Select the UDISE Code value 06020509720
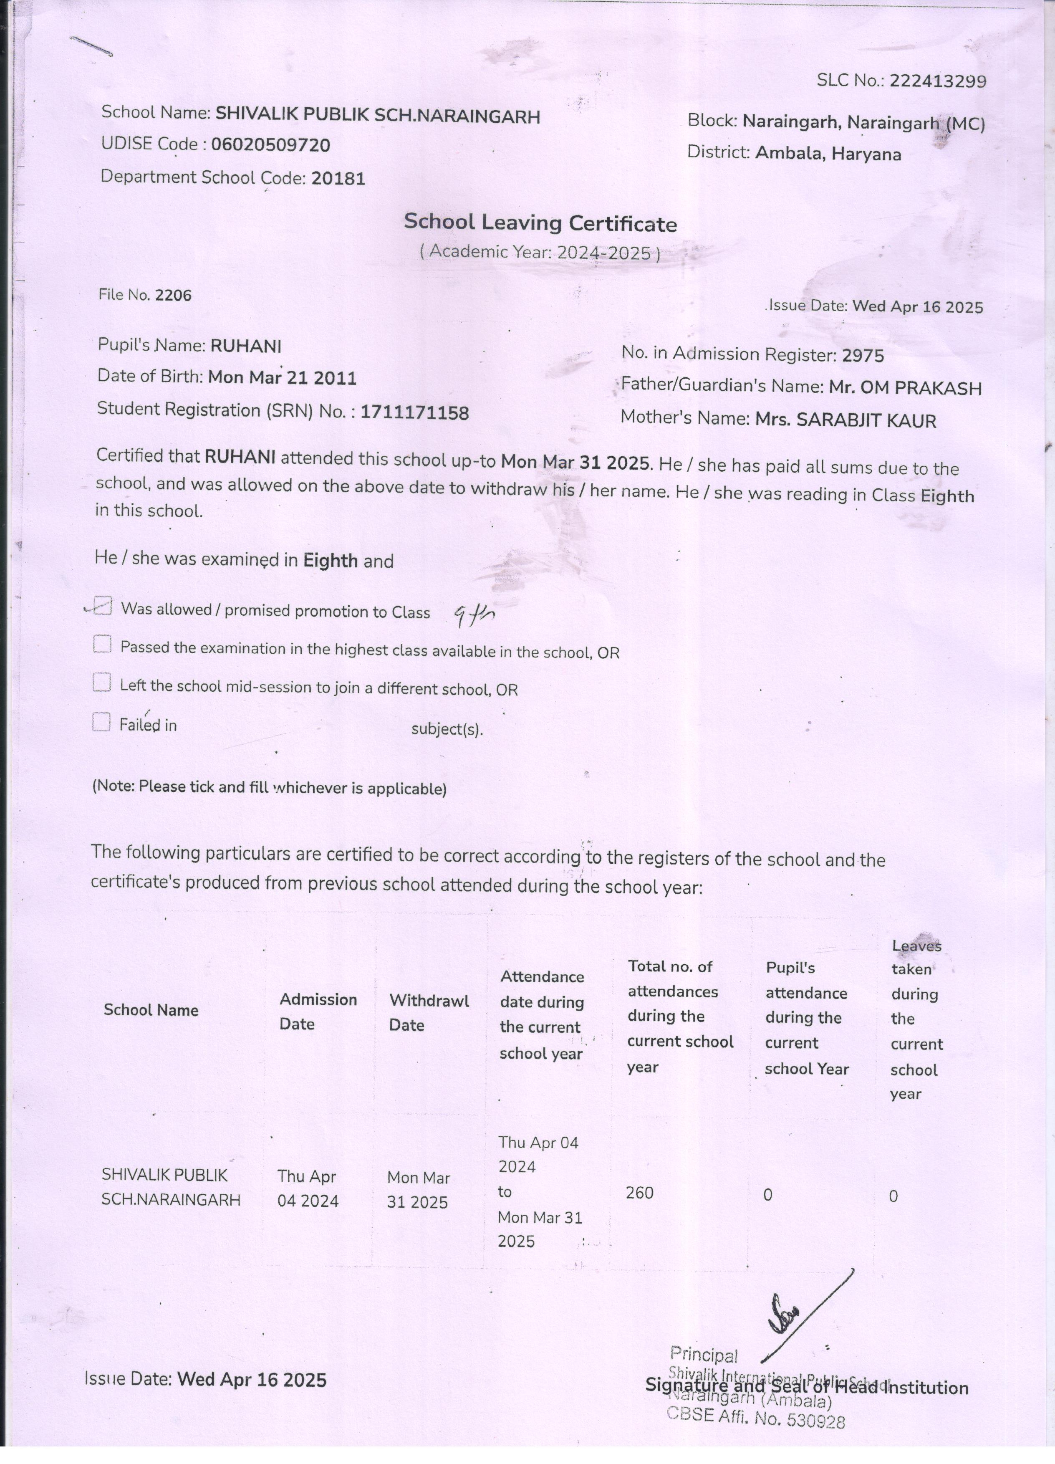coord(270,144)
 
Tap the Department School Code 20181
coord(338,178)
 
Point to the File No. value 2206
coord(174,295)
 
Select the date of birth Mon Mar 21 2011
coord(282,378)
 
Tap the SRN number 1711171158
coord(414,412)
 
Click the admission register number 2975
coord(863,355)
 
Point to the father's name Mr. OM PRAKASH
coord(905,387)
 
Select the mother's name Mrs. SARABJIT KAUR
coord(845,421)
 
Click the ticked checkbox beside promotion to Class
coord(102,607)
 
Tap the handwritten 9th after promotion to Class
coord(474,617)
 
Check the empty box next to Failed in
coord(101,722)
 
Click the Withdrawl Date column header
coord(429,1012)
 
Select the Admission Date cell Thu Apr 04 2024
coord(308,1188)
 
